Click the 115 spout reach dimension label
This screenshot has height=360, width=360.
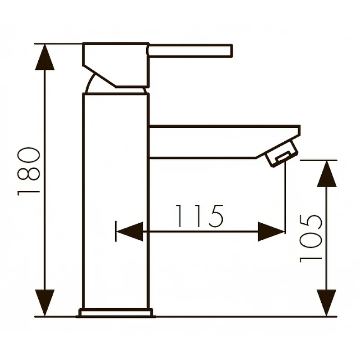pos(199,216)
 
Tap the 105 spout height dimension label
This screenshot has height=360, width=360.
pos(311,238)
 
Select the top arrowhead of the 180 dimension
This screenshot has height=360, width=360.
pos(45,57)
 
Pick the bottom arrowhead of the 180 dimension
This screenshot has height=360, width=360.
pos(45,302)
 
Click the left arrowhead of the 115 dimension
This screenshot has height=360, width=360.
pos(130,231)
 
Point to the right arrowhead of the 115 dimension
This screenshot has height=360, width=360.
pos(271,231)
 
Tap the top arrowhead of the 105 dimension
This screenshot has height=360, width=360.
pos(327,174)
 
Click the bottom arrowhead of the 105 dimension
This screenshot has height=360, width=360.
pos(327,302)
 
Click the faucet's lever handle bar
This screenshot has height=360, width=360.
pos(190,50)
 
